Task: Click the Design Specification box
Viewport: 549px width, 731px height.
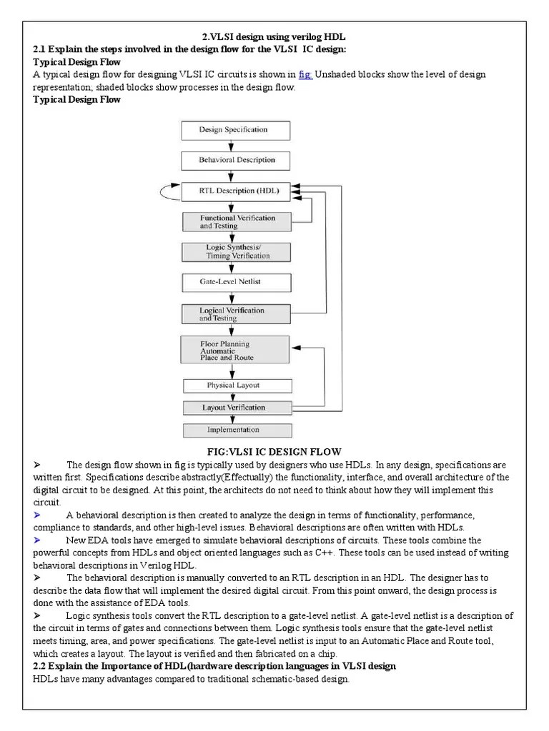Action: coord(234,130)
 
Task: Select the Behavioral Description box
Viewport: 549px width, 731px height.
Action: coord(234,161)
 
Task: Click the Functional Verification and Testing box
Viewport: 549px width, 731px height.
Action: coord(237,221)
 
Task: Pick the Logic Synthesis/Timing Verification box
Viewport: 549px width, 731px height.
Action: coord(237,251)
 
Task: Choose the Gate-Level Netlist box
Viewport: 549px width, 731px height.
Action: coord(237,282)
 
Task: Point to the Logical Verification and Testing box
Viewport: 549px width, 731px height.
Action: coord(237,314)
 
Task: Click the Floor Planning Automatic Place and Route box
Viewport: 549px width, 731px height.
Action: coord(234,350)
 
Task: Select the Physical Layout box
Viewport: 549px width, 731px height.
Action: coord(237,385)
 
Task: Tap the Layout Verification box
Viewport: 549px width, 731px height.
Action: coord(237,408)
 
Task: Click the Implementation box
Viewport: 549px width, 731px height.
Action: coord(237,430)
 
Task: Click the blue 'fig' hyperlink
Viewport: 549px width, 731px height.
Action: coord(305,74)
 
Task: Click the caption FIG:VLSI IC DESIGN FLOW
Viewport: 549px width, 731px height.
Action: coord(274,452)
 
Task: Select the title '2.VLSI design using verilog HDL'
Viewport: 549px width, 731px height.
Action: coord(274,36)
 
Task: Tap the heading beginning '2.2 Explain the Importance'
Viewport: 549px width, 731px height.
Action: coord(214,666)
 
